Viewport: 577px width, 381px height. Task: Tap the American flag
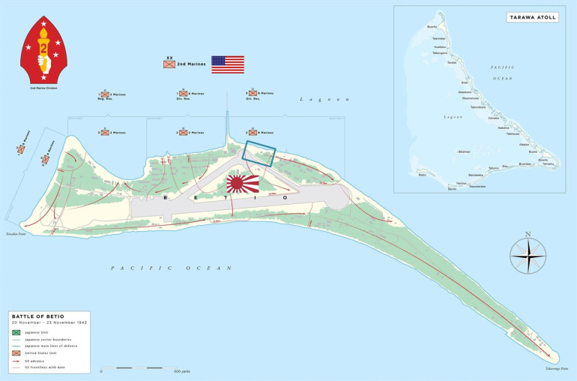click(x=227, y=64)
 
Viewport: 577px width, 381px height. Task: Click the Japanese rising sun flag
click(x=243, y=182)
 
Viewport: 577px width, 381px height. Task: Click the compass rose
click(x=528, y=254)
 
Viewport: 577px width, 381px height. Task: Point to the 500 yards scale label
click(x=181, y=371)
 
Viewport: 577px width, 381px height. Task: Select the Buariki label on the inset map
click(x=432, y=27)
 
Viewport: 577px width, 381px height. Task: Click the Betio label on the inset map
click(x=423, y=175)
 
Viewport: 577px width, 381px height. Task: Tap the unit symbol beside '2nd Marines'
click(x=169, y=64)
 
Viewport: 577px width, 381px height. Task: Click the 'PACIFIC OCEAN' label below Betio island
click(x=142, y=268)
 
